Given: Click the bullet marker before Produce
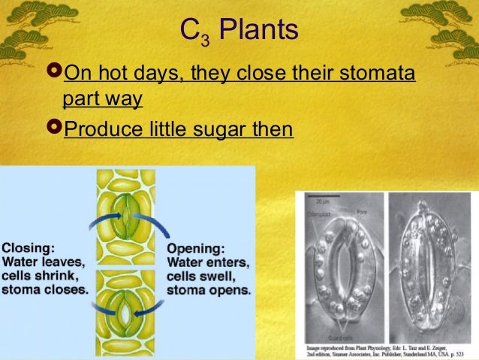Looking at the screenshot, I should click(53, 129).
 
